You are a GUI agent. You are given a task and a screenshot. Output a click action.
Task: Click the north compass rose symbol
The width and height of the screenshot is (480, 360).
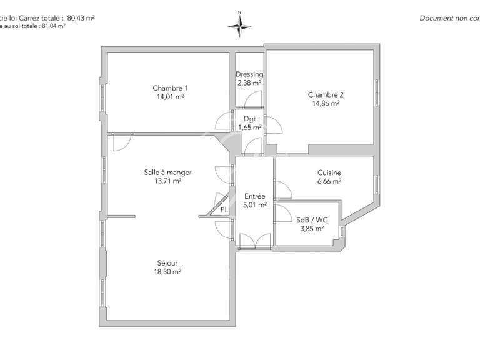coord(239,24)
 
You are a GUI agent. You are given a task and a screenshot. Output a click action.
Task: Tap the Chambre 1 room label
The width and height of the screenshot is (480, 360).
coord(170,88)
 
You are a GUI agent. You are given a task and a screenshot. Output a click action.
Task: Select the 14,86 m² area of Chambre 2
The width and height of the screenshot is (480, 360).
coord(326,104)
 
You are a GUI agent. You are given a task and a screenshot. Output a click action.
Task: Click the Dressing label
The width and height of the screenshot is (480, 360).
coord(249,74)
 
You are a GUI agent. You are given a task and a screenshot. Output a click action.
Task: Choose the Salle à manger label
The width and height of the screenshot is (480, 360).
coord(167,172)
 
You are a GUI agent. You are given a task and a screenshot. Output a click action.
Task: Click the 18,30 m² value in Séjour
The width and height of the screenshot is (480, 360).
coord(167,272)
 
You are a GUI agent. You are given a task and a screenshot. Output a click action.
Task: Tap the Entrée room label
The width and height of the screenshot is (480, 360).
coord(254,196)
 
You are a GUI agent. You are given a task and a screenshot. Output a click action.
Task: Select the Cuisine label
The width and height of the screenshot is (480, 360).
coord(329,172)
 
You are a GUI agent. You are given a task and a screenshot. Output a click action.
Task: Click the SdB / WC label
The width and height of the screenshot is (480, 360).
coord(311,220)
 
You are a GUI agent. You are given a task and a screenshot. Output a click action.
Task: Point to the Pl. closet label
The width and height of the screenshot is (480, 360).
coord(223,211)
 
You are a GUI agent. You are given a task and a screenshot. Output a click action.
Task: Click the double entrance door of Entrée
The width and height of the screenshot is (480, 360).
coord(254,241)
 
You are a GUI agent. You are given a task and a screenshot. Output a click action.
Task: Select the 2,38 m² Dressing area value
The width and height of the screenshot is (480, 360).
coord(249,82)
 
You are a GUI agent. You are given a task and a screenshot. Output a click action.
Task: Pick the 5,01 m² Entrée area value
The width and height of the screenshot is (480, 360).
coord(254,204)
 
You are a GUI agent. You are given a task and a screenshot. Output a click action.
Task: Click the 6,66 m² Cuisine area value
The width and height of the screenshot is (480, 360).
coord(329,181)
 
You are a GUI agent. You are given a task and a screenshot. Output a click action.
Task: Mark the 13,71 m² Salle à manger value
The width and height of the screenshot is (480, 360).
coord(167,181)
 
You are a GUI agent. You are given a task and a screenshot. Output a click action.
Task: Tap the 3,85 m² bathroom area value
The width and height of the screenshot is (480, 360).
coord(311,229)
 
